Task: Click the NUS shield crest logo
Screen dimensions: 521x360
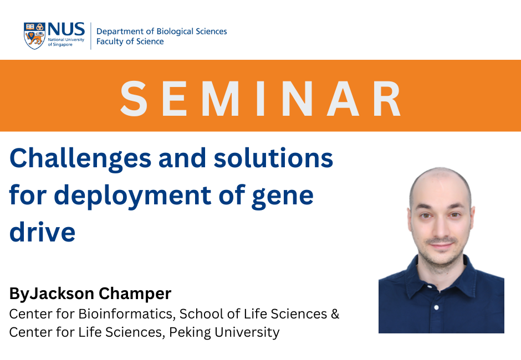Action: click(x=34, y=36)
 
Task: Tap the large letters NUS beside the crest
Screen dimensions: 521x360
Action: click(x=66, y=29)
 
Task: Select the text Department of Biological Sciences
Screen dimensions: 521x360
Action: click(x=161, y=31)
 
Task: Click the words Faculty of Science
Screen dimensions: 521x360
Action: click(x=130, y=42)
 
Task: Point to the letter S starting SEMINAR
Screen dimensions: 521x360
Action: click(x=134, y=99)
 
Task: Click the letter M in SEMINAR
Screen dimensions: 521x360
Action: click(x=219, y=99)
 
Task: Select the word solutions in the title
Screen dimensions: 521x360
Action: click(x=273, y=158)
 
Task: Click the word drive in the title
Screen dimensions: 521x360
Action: click(x=43, y=232)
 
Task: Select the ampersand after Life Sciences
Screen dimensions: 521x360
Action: click(x=335, y=314)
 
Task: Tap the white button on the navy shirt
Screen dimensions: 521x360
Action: click(x=436, y=307)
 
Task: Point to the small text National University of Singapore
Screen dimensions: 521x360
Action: click(x=66, y=42)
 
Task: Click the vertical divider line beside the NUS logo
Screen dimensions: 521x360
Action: click(x=91, y=36)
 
